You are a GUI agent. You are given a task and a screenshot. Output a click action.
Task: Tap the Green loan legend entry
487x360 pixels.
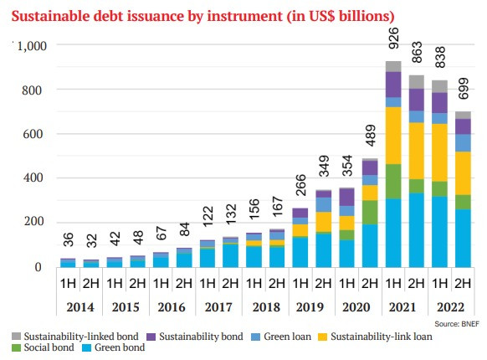tap(288, 336)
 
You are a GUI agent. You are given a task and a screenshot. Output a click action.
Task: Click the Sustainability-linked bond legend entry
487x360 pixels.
tap(71, 336)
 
